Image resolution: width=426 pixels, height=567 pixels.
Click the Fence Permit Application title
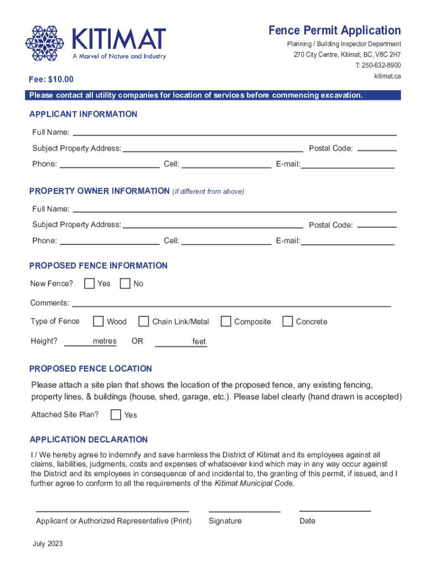pos(335,30)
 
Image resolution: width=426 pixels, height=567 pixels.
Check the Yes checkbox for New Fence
pos(89,283)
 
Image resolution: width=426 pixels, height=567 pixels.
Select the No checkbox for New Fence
pos(125,283)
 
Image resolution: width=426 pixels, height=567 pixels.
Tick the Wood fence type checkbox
pos(98,321)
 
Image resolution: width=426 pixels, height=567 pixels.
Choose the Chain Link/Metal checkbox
pos(144,321)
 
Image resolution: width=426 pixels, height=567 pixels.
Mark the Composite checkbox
pos(226,321)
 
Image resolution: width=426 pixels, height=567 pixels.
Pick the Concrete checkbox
pos(288,321)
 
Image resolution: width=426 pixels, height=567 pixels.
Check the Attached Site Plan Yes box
pos(116,415)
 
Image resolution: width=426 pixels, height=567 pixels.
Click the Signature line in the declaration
pos(244,508)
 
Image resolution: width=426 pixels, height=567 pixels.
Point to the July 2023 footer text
pos(48,544)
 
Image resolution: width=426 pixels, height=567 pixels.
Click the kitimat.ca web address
pos(387,76)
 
